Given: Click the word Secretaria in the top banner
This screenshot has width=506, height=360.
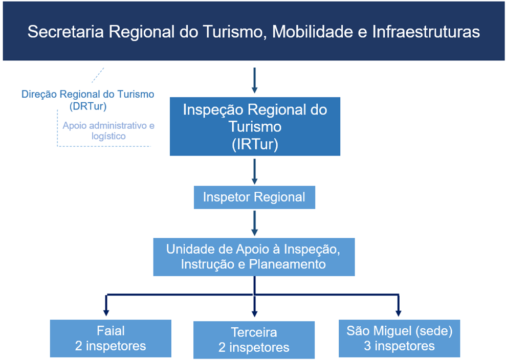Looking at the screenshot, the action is click(65, 32).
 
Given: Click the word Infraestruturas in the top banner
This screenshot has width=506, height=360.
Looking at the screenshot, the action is click(426, 32).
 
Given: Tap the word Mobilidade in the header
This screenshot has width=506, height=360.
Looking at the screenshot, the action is click(313, 32).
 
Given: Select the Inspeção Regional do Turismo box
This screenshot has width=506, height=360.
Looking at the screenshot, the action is click(255, 126).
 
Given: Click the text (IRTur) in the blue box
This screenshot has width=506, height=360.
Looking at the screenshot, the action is click(255, 144).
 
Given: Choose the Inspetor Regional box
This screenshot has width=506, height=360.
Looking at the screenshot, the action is click(254, 197).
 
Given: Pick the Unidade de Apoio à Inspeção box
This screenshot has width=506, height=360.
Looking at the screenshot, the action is click(254, 257).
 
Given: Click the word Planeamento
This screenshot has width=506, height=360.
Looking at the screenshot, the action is click(287, 264).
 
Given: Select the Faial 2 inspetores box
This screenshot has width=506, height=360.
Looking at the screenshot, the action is click(111, 339).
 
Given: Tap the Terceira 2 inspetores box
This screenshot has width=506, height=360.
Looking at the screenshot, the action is click(254, 340).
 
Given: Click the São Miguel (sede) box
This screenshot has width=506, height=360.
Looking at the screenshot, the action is click(399, 339).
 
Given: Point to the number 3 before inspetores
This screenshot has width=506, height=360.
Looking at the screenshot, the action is click(367, 346).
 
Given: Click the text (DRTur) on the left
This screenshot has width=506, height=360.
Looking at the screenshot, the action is click(88, 106).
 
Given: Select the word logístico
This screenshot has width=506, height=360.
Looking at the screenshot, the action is click(108, 136).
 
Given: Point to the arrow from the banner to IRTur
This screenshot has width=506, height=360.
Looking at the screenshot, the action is click(255, 80).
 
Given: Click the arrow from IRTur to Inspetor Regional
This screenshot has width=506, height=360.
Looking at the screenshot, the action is click(255, 172).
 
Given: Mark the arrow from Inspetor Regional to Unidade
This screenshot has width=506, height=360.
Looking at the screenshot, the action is click(255, 223).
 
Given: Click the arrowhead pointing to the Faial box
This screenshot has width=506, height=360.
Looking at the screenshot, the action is click(106, 312).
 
